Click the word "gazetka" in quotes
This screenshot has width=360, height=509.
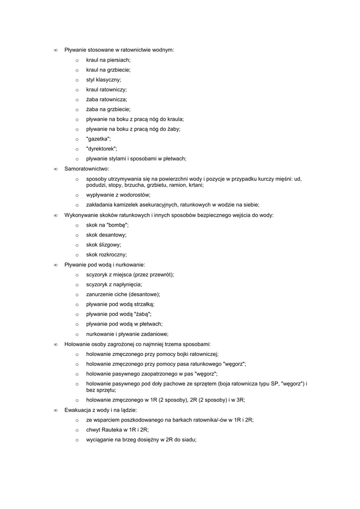(x=98, y=139)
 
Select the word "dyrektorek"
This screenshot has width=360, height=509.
(x=101, y=149)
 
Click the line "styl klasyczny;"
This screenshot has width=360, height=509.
(x=103, y=80)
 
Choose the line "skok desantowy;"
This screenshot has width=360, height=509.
(x=106, y=235)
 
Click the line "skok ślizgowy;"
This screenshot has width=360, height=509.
(x=103, y=245)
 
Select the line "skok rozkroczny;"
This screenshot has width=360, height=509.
(x=106, y=255)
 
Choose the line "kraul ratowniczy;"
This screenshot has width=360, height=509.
(x=106, y=89)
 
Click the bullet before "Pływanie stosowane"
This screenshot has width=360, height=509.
(x=56, y=50)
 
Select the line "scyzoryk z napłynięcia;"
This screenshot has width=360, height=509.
(x=114, y=284)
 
